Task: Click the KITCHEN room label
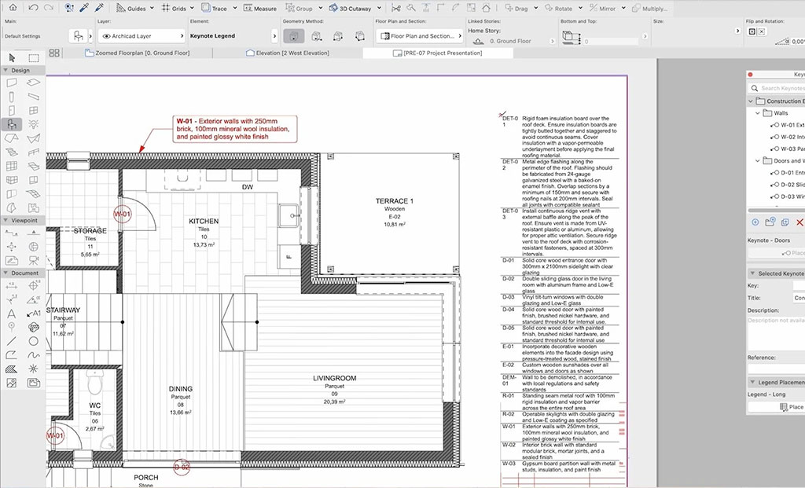203,222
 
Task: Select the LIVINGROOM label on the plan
334,379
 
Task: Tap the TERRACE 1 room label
394,201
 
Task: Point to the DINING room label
180,389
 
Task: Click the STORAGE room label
90,231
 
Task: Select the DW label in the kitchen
247,188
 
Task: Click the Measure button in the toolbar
259,9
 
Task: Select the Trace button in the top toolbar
215,9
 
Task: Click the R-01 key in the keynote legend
509,395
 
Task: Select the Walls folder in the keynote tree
780,113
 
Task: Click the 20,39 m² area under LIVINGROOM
334,402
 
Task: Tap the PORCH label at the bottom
145,477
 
